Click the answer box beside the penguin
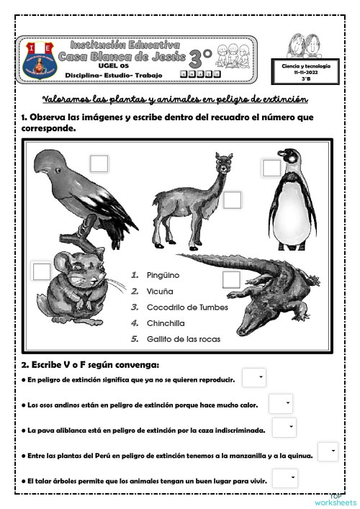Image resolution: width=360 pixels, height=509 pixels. pos(271,168)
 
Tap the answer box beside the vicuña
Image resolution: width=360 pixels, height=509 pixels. pos(232,200)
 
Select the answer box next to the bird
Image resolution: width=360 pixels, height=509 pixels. pos(99,163)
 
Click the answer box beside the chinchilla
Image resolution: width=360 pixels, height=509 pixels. pos(42,271)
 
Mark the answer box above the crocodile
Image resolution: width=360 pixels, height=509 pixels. pos(231,279)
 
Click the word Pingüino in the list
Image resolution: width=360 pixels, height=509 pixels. pos(163,275)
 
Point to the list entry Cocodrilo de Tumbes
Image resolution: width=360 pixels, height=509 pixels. pos(187,307)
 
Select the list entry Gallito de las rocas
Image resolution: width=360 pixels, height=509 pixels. pos(183,338)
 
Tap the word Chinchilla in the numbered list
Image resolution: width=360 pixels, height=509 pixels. pos(166,323)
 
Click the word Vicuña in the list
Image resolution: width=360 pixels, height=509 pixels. pos(160,291)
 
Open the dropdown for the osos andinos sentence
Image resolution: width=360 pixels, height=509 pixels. pos(280,403)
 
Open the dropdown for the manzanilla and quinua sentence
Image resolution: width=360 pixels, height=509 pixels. pos(328,451)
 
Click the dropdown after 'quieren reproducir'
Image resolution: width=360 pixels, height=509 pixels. pos(253,377)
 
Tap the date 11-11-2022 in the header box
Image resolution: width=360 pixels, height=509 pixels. pos(306,73)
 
